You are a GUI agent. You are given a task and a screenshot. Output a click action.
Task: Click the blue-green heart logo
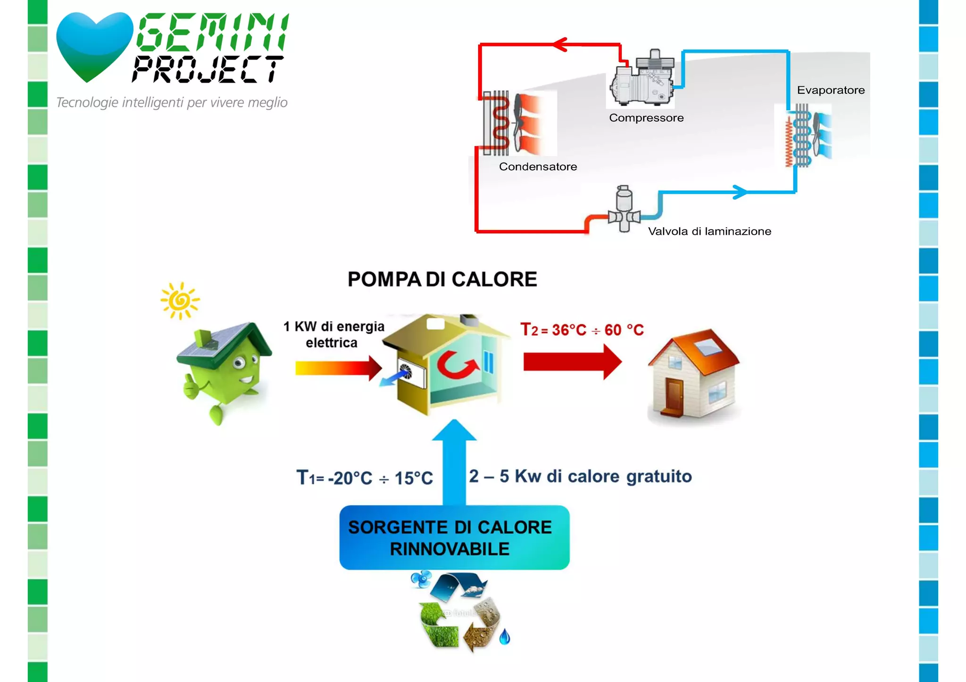[x=94, y=45]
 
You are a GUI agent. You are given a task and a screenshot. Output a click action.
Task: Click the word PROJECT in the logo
[x=208, y=69]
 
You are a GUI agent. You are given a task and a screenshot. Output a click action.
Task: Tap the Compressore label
[x=646, y=118]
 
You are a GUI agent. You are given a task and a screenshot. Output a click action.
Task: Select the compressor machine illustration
[x=643, y=79]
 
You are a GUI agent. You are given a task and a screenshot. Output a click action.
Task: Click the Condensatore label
[x=538, y=167]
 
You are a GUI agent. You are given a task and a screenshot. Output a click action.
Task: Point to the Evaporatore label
[x=831, y=90]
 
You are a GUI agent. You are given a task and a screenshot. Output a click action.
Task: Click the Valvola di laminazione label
[x=709, y=231]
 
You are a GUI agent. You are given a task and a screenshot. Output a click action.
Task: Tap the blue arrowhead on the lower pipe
[x=740, y=192]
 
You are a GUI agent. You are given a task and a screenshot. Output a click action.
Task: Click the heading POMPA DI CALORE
[x=442, y=279]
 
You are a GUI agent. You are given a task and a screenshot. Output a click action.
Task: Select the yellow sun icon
[x=180, y=301]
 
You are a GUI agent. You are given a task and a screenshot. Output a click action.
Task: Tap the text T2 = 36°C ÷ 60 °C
[x=582, y=330]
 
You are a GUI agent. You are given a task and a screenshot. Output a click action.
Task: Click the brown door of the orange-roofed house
[x=674, y=395]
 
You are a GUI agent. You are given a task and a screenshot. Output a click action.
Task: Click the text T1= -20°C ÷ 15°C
[x=364, y=478]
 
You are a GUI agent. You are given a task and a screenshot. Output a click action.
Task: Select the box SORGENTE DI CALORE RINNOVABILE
[x=454, y=538]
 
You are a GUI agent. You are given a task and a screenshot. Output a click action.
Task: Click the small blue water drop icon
[x=505, y=637]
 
